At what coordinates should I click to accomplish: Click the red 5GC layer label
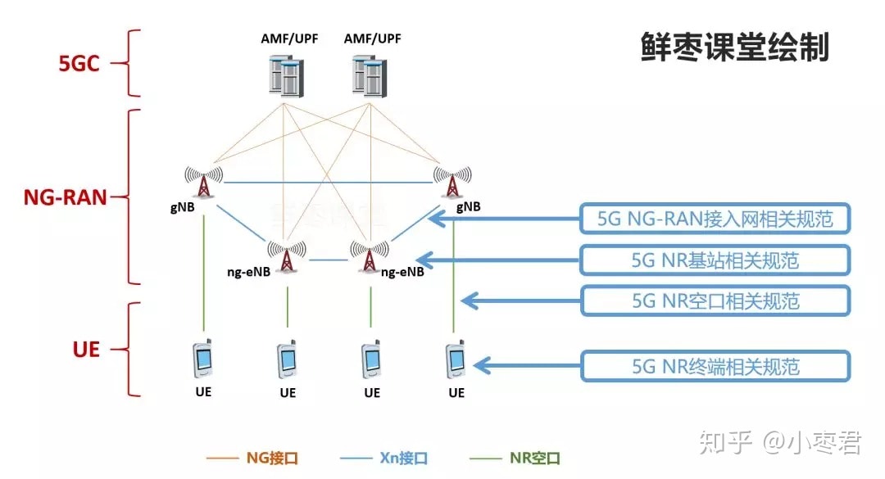(79, 64)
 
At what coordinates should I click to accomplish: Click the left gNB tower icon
(203, 183)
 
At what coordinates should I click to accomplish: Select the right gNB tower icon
(452, 183)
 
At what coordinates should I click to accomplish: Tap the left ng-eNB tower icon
(287, 255)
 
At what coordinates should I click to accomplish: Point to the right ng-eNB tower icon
(370, 255)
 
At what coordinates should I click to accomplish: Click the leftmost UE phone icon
(203, 359)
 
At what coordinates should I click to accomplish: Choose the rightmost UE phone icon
(456, 359)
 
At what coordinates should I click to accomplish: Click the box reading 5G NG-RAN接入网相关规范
(715, 219)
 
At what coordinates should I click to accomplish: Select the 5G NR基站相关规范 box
(715, 260)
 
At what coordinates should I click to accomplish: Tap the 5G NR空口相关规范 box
(715, 301)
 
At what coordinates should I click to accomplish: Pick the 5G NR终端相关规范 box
(715, 365)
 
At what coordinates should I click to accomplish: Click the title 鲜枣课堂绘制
(734, 47)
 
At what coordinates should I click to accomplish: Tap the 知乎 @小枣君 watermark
(778, 443)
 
